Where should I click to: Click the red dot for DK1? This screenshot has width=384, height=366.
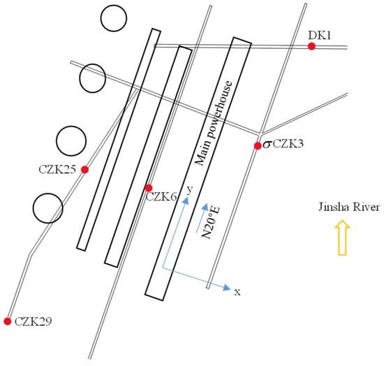pos(311,46)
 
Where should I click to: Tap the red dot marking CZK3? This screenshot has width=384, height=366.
pos(258,146)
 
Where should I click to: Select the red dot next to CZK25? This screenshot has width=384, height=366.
pos(84,170)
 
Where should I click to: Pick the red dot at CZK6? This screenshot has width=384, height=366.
pos(149,188)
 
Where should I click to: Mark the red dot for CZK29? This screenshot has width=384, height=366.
pos(8,321)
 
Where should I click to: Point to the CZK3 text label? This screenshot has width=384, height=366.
pos(288,144)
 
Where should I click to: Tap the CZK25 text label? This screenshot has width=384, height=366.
pos(57,170)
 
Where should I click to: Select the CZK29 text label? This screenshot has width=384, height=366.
pos(34,321)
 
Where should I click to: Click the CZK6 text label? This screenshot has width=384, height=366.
pos(161,197)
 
